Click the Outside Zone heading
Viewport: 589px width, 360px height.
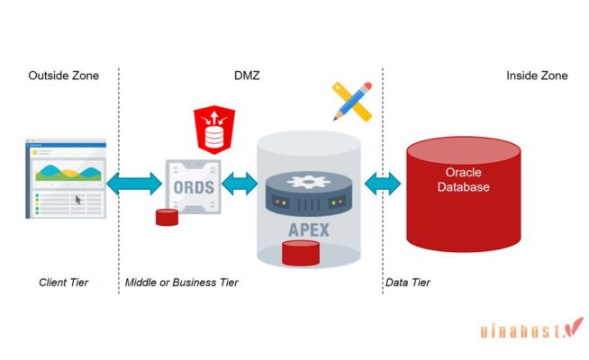tap(64, 76)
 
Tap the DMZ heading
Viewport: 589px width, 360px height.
tap(248, 76)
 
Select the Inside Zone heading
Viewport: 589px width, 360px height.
tap(537, 76)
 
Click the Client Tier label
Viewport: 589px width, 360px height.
tap(63, 283)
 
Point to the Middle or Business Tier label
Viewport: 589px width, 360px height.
tap(182, 283)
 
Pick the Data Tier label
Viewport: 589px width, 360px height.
tap(408, 283)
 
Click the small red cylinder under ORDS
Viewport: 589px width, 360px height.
tap(165, 217)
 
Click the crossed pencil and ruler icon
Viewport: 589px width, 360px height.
tap(352, 102)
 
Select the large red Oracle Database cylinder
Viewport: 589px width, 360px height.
tap(463, 193)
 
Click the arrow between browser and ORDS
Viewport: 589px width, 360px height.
tap(134, 184)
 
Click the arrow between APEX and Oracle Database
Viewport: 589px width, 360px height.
tap(382, 184)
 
